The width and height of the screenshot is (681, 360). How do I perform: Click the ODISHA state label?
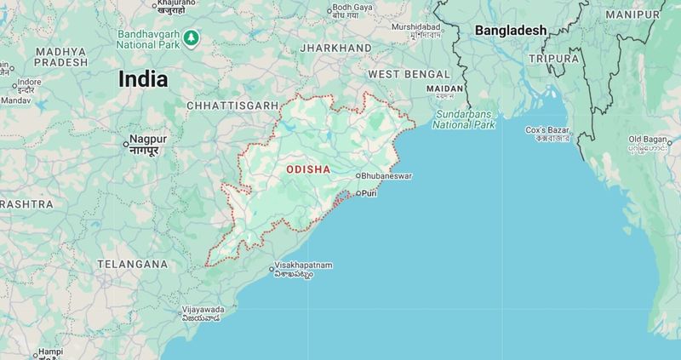[308, 169]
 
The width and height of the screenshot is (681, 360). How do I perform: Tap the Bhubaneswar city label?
[386, 175]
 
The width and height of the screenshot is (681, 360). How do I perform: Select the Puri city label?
[369, 194]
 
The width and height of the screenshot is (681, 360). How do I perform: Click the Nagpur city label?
[148, 139]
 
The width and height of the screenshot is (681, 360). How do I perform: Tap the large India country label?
[142, 79]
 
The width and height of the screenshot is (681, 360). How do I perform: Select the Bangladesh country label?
[511, 31]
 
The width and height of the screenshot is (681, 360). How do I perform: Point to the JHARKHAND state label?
[335, 48]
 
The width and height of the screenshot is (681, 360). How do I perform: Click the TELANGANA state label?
[132, 264]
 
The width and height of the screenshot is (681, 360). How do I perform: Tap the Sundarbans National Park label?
[463, 119]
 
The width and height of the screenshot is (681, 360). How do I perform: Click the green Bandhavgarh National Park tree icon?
[192, 37]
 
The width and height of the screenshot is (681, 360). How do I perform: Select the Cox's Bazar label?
[547, 130]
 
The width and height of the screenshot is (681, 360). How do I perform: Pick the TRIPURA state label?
[553, 59]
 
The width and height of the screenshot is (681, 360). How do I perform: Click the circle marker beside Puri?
[358, 194]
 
